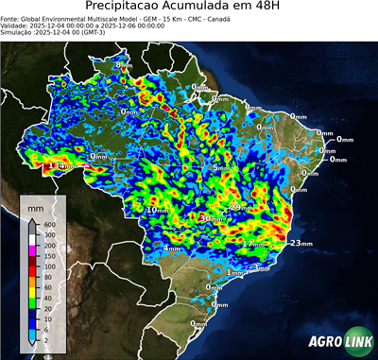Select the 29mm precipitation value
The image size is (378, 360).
click(x=241, y=207)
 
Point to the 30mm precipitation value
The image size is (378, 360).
click(x=210, y=218)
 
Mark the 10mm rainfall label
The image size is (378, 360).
click(x=156, y=210)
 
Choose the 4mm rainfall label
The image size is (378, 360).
click(x=173, y=248)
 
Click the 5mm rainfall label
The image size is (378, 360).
click(x=218, y=168)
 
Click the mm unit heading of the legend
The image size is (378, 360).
click(x=35, y=204)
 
